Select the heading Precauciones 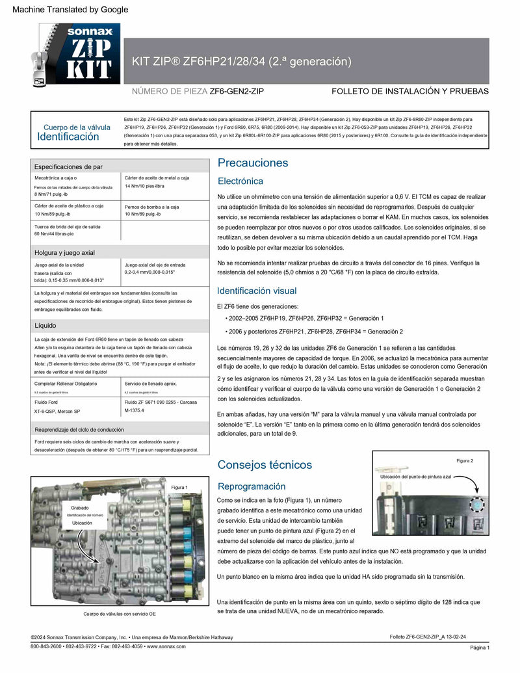pos(253,163)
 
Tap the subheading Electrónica pos(240,181)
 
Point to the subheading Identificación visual pos(256,291)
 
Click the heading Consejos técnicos pos(265,464)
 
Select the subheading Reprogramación pos(251,486)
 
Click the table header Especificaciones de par pos(68,166)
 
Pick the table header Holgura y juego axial pos(64,252)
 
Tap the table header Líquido pos(45,324)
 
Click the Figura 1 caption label pos(179,487)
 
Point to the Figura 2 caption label pos(464,460)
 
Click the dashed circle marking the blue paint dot pos(478,505)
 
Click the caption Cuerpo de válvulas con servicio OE pos(120,614)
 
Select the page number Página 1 pos(480,648)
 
